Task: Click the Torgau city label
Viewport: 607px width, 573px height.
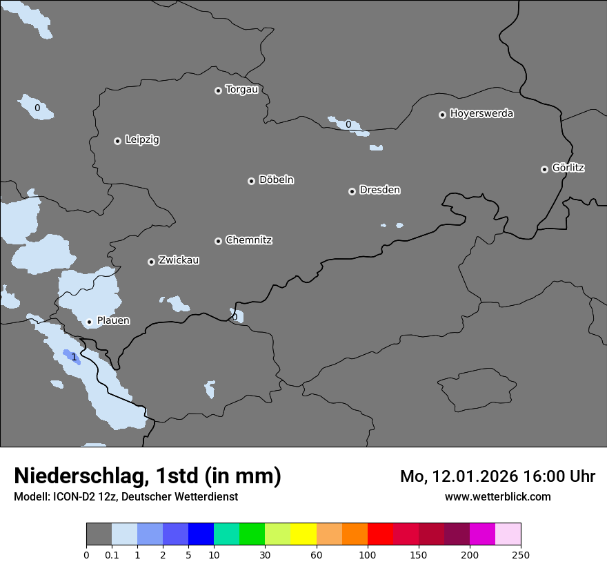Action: point(241,90)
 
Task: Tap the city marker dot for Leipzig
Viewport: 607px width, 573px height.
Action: point(117,141)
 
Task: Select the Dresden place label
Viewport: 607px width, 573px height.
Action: point(379,190)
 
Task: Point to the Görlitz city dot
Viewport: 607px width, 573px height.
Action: point(544,169)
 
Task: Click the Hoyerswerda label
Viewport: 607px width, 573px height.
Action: point(481,114)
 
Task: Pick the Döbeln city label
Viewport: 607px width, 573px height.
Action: point(276,180)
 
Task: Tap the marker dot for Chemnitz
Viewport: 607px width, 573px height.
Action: point(218,241)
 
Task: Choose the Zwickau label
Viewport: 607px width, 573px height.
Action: point(179,260)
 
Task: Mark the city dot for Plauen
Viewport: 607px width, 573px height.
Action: point(89,322)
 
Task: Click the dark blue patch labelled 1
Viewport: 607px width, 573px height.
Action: point(71,356)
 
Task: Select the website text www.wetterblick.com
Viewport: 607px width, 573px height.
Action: point(497,496)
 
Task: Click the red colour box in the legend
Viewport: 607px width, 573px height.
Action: point(380,534)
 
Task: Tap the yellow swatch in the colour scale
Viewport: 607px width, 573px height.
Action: point(303,534)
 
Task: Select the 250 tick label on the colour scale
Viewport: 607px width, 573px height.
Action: point(521,554)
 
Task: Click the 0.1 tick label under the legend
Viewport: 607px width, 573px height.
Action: point(112,554)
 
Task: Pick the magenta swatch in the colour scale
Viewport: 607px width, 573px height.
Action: point(482,534)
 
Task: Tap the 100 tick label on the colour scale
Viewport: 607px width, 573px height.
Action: point(368,554)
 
